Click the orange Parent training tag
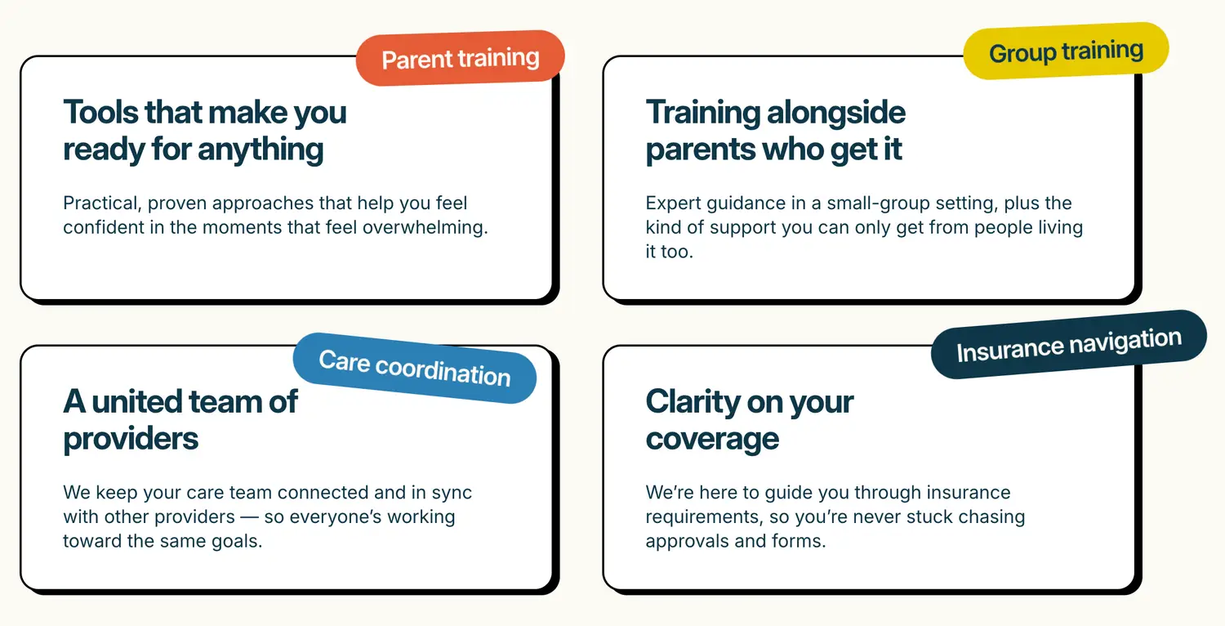461,58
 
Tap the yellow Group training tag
1066,51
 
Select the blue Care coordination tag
415,369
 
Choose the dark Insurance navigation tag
1068,345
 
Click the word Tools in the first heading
100,112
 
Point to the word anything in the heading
261,150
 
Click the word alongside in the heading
836,113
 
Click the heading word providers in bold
131,440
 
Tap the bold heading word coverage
712,440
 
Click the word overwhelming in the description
425,228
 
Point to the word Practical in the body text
102,203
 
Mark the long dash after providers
249,517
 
